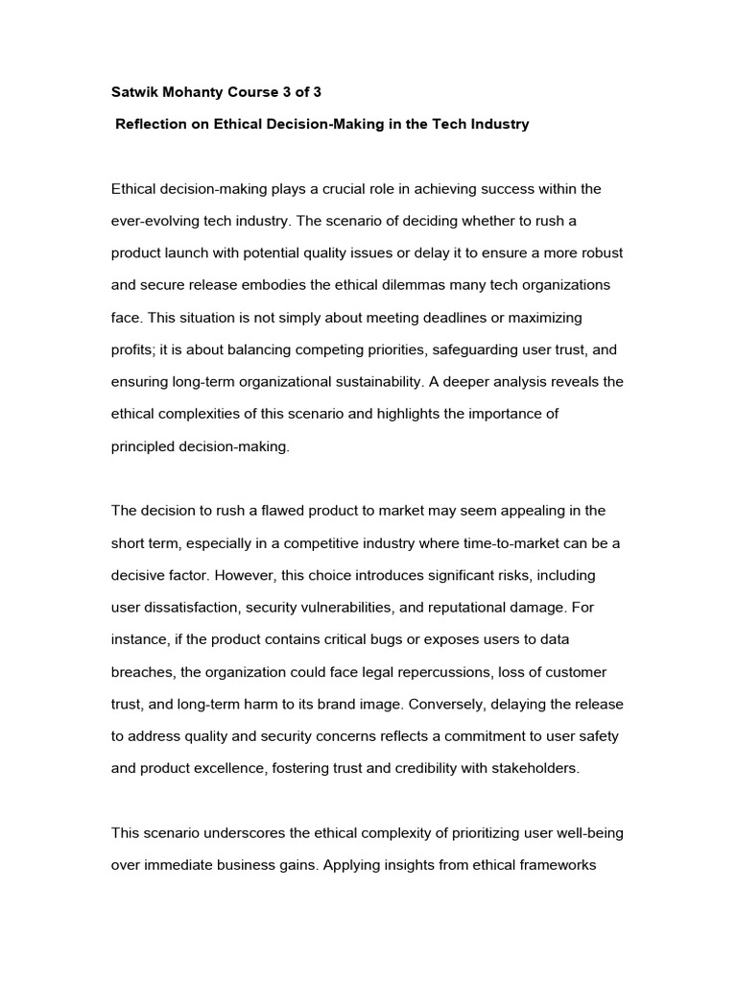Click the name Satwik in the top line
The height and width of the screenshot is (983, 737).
(135, 93)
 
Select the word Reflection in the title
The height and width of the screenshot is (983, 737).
(155, 125)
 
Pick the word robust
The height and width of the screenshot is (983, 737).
(601, 253)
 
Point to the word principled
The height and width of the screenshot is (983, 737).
(147, 447)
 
